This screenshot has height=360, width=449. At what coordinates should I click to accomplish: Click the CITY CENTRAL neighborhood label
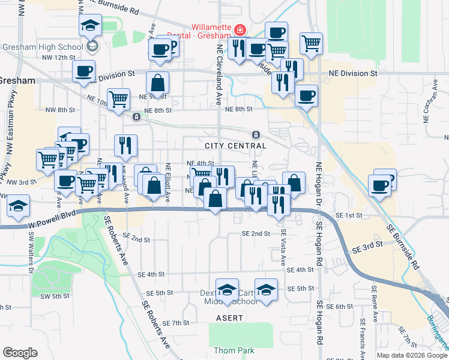pos(235,146)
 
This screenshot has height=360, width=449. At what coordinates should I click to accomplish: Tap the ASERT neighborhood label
pos(230,317)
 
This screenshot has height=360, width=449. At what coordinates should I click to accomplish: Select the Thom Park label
pos(234,350)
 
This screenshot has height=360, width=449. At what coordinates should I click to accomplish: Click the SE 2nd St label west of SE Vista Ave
pos(256,233)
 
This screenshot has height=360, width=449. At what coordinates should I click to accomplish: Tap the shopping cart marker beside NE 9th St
pos(119,99)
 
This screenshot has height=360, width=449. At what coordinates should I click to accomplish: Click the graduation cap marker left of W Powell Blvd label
pos(19,206)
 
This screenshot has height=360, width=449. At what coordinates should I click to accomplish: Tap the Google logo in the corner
pos(20,353)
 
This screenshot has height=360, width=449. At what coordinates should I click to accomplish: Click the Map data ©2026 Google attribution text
pos(411,355)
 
